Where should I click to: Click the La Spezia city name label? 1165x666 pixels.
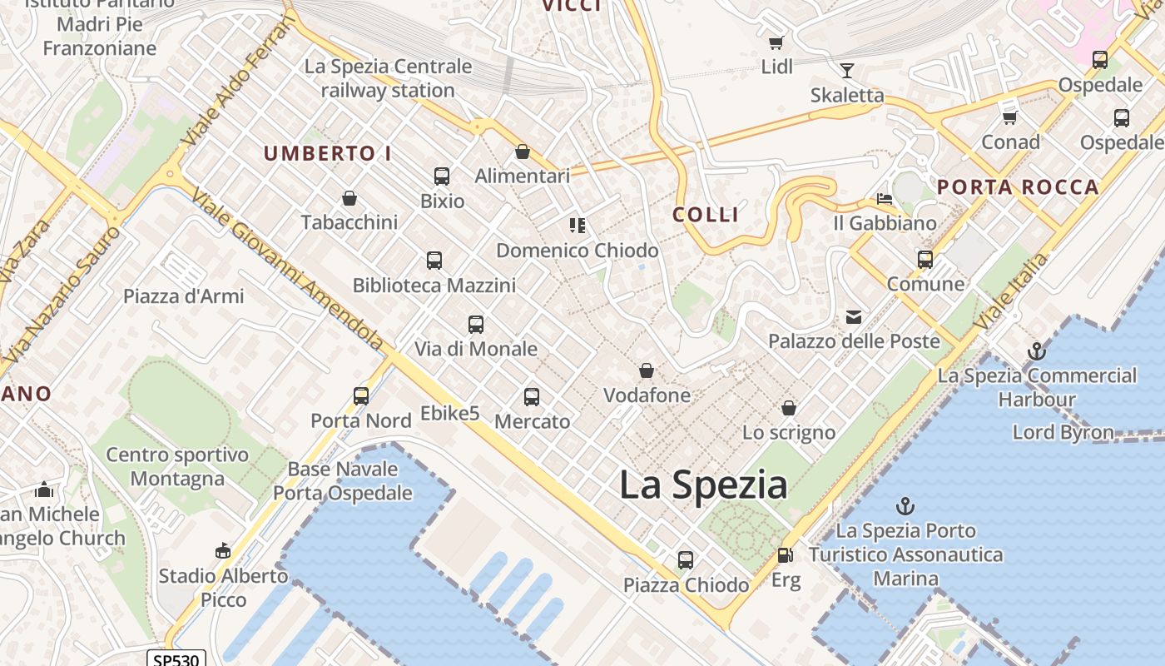[x=703, y=485]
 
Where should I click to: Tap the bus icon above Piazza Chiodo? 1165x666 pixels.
[x=685, y=559]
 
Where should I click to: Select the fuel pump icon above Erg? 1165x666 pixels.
[x=785, y=555]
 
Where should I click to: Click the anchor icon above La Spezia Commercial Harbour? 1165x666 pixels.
[x=1036, y=351]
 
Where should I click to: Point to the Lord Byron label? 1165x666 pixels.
[x=1063, y=432]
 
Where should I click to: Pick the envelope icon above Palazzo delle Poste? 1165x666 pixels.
[x=854, y=316]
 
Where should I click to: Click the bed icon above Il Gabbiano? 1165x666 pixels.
[x=885, y=199]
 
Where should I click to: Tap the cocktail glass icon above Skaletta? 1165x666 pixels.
[x=847, y=71]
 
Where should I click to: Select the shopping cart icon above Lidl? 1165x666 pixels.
[x=776, y=42]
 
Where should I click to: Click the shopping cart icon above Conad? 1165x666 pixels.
[x=1010, y=117]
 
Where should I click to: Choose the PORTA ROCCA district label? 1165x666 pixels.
[x=1018, y=187]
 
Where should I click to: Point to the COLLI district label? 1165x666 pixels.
[x=706, y=215]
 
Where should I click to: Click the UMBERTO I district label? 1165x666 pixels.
[x=327, y=153]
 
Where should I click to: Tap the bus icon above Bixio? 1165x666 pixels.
[x=442, y=176]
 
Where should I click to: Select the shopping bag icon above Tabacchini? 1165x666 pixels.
[x=349, y=198]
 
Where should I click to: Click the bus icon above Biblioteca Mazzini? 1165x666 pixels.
[x=434, y=261]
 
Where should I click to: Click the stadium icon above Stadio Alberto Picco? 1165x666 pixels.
[x=222, y=550]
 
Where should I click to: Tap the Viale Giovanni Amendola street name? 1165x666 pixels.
[x=288, y=271]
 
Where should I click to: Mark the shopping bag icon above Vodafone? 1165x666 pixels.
[x=647, y=370]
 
